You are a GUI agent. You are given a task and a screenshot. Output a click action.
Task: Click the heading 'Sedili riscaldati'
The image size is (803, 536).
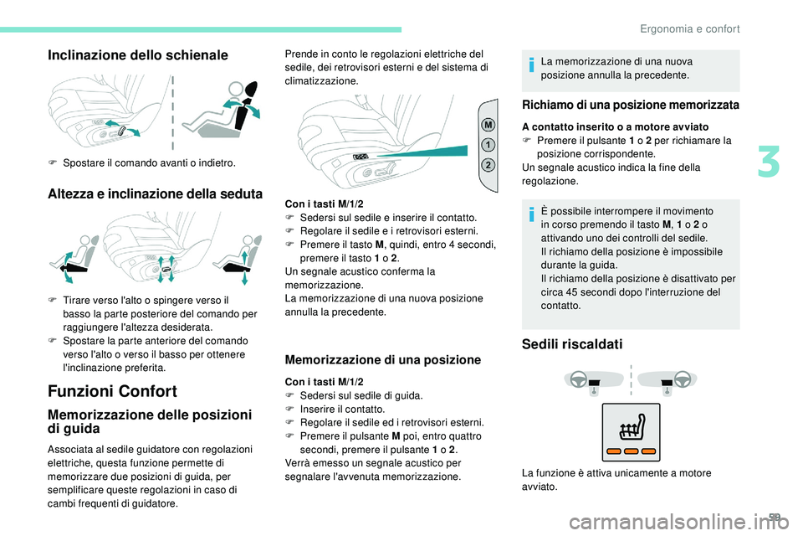(571, 343)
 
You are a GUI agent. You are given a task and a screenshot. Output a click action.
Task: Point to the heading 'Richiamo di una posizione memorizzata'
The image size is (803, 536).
(630, 106)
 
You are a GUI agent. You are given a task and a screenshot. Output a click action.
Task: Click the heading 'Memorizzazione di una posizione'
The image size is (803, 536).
(382, 360)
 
